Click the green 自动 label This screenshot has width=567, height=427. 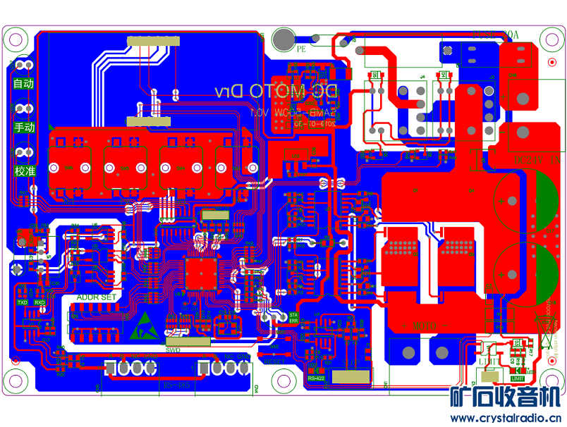click(23, 83)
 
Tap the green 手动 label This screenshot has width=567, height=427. click(23, 128)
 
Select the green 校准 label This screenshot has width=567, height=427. click(23, 171)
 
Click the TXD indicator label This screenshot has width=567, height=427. click(23, 302)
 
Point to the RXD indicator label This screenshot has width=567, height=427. click(39, 302)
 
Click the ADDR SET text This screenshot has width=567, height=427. click(97, 297)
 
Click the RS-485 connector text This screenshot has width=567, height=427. click(176, 385)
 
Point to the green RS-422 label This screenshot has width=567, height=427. click(316, 379)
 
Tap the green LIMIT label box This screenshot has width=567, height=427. click(518, 378)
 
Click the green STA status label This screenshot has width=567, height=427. click(293, 315)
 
